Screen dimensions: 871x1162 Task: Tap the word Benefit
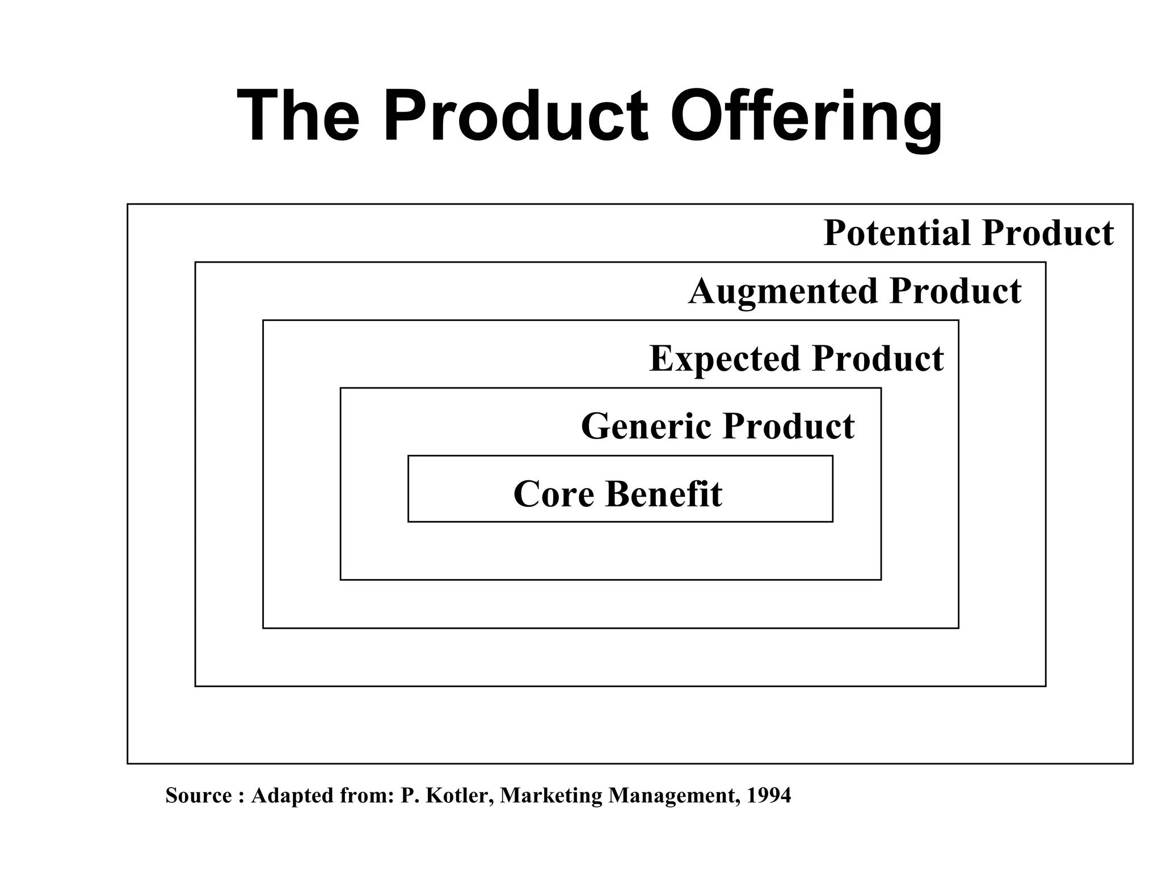click(664, 494)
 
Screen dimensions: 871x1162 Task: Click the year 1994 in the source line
click(768, 796)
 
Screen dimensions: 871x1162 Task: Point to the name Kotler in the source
click(458, 796)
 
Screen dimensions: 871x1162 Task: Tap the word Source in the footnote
click(199, 796)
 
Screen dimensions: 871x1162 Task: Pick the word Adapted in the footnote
click(288, 796)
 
